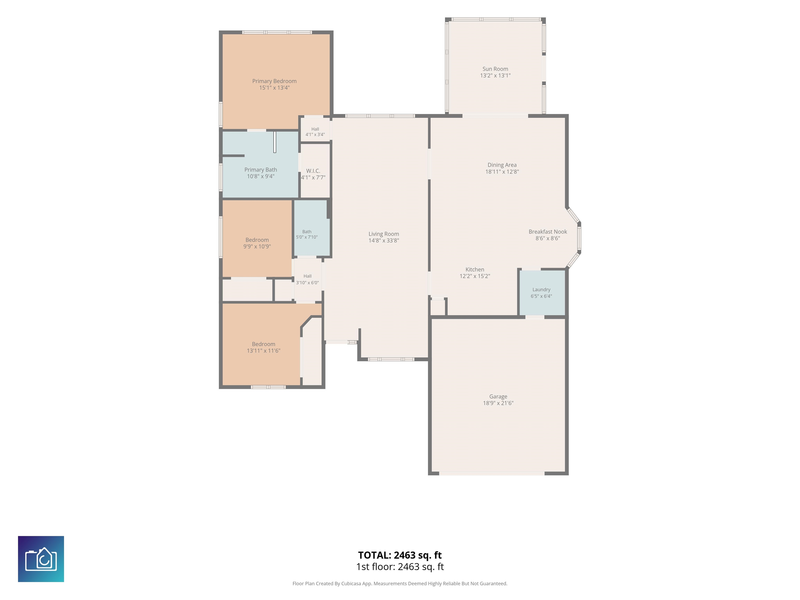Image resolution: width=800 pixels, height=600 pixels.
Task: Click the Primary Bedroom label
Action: pyautogui.click(x=274, y=81)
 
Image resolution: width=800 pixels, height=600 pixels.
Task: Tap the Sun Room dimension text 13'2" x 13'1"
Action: pyautogui.click(x=495, y=76)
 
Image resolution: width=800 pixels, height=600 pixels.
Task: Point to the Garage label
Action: pyautogui.click(x=498, y=396)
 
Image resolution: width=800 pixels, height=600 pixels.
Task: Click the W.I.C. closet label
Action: pyautogui.click(x=313, y=171)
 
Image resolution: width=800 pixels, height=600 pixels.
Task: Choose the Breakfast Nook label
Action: pyautogui.click(x=548, y=232)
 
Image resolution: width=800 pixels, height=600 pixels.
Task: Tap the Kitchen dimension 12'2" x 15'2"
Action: pyautogui.click(x=474, y=276)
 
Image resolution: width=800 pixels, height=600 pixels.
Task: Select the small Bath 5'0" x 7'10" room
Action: pyautogui.click(x=311, y=228)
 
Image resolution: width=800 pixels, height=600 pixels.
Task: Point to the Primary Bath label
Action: pyautogui.click(x=260, y=170)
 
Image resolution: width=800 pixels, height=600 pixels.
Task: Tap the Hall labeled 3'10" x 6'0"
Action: pyautogui.click(x=307, y=279)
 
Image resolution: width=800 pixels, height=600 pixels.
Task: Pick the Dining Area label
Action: pyautogui.click(x=502, y=165)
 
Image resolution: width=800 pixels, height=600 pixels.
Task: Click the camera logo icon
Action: pyautogui.click(x=41, y=559)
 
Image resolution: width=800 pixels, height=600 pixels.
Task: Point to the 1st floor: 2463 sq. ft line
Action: pyautogui.click(x=400, y=567)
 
